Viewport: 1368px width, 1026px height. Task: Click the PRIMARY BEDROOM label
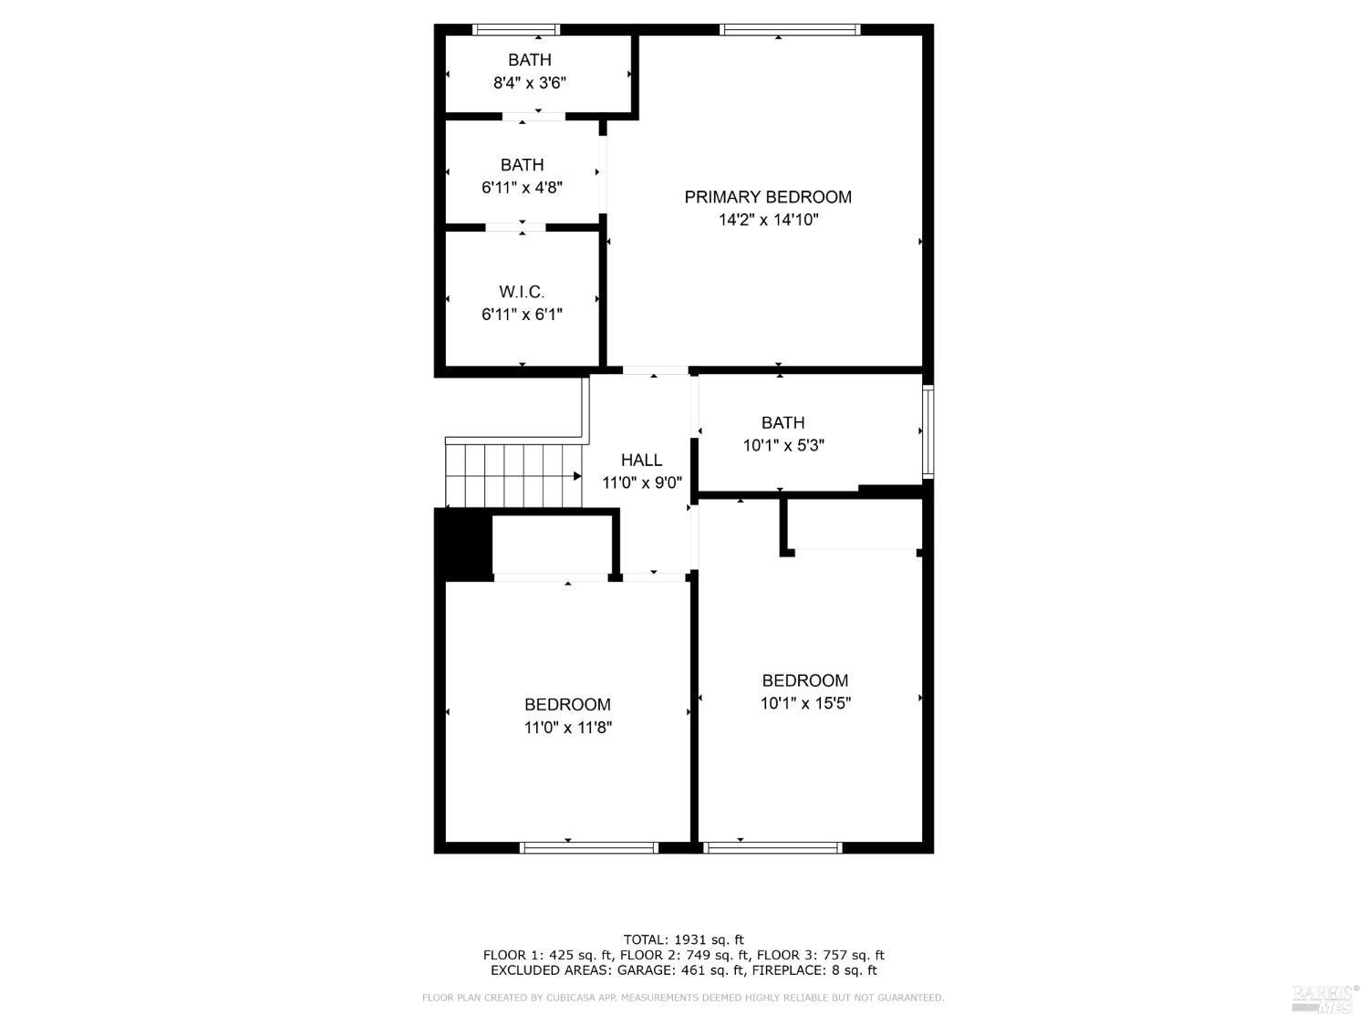(x=768, y=197)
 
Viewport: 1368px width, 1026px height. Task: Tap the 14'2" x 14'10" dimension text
(x=768, y=220)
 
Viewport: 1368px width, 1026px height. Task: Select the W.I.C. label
(x=522, y=292)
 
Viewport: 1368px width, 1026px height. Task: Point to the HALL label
(x=641, y=461)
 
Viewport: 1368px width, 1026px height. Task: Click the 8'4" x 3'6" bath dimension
(x=529, y=83)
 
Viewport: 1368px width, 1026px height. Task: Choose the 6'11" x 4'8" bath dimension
(x=522, y=188)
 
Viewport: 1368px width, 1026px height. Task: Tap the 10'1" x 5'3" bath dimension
(x=782, y=446)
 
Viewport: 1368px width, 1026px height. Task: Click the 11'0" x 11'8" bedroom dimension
(x=567, y=728)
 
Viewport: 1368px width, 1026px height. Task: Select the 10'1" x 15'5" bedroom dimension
(x=805, y=703)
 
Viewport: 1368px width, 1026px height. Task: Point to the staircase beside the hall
(x=513, y=475)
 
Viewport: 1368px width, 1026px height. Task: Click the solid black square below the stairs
(x=464, y=544)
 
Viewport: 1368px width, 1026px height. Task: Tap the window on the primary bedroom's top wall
(x=790, y=30)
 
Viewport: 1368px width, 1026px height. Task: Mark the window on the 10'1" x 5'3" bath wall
(x=928, y=432)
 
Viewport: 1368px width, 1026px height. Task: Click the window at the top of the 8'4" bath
(x=516, y=30)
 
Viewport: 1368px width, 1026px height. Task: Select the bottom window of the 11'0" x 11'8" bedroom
(x=588, y=848)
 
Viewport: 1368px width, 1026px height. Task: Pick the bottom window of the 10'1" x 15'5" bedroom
(x=773, y=848)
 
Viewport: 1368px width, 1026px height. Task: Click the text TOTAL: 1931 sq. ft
(x=683, y=939)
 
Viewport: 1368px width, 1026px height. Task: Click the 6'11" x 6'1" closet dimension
(x=522, y=315)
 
